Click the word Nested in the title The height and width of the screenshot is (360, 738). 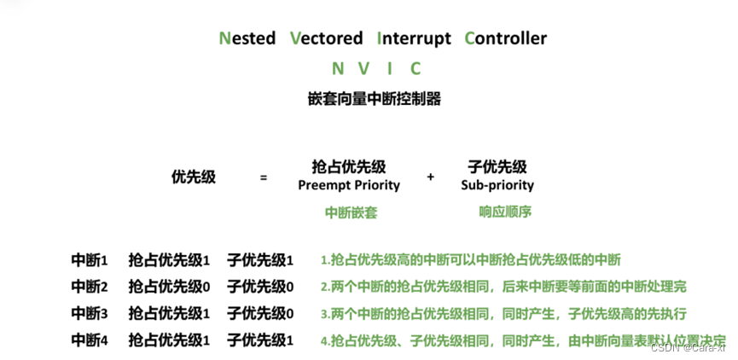[x=247, y=38]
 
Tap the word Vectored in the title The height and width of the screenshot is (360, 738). [x=326, y=38]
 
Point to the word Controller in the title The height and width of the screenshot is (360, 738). [x=505, y=38]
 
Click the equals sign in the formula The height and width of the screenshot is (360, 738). [x=264, y=177]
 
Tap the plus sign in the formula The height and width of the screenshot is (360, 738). [x=431, y=177]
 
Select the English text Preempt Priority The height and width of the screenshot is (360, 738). [x=349, y=185]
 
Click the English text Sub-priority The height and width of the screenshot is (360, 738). [x=497, y=185]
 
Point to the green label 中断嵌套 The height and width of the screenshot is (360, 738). [x=351, y=213]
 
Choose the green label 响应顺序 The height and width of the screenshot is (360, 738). [x=505, y=212]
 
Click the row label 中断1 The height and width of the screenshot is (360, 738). [x=90, y=260]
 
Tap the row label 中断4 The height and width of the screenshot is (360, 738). [x=90, y=340]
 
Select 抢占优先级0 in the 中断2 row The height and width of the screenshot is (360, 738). [x=169, y=287]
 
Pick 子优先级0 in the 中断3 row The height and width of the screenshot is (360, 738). [x=260, y=313]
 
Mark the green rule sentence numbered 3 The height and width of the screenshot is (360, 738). [x=503, y=313]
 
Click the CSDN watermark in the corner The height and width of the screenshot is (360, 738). [x=687, y=347]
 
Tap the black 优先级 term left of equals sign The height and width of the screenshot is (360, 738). [x=194, y=177]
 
